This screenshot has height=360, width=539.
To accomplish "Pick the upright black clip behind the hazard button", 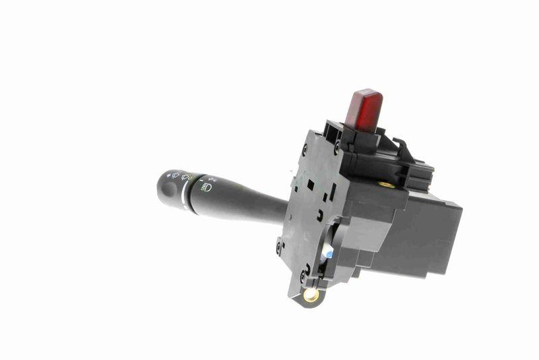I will click(x=400, y=150).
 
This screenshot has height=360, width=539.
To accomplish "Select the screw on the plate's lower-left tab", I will click(x=278, y=246).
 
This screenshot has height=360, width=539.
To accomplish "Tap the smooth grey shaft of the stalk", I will click(x=249, y=206).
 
